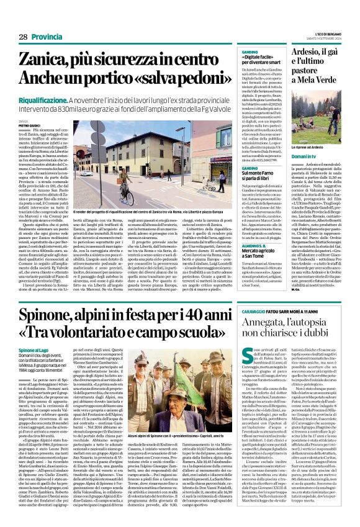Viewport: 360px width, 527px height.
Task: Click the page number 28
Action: click(x=23, y=37)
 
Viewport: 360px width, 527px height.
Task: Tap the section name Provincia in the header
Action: click(x=48, y=37)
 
